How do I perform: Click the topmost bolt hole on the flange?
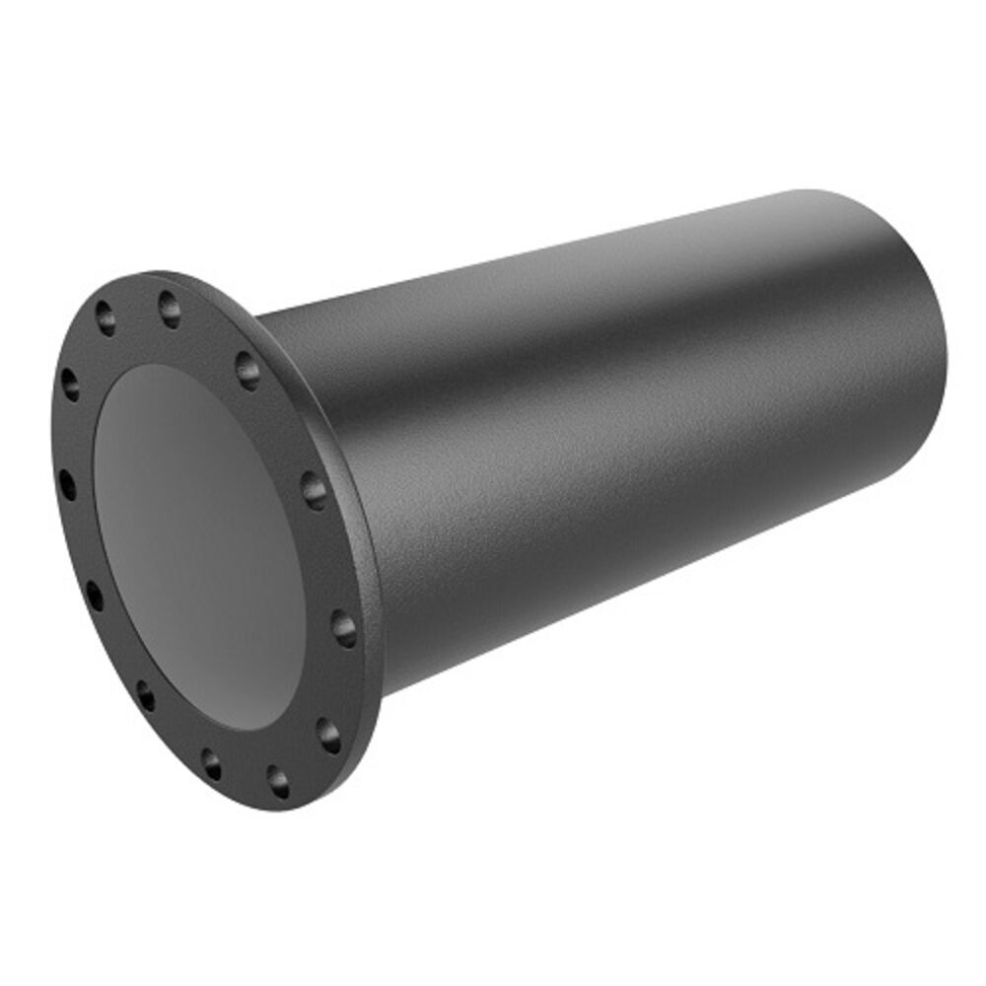pyautogui.click(x=169, y=309)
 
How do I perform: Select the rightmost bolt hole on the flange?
pyautogui.click(x=343, y=628)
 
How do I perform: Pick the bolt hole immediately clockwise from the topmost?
pyautogui.click(x=247, y=371)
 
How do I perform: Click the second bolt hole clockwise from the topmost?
pyautogui.click(x=314, y=489)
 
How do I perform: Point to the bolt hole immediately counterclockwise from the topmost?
pyautogui.click(x=105, y=317)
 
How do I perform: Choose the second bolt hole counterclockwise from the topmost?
pyautogui.click(x=70, y=384)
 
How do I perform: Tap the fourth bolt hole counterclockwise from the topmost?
pyautogui.click(x=95, y=595)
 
